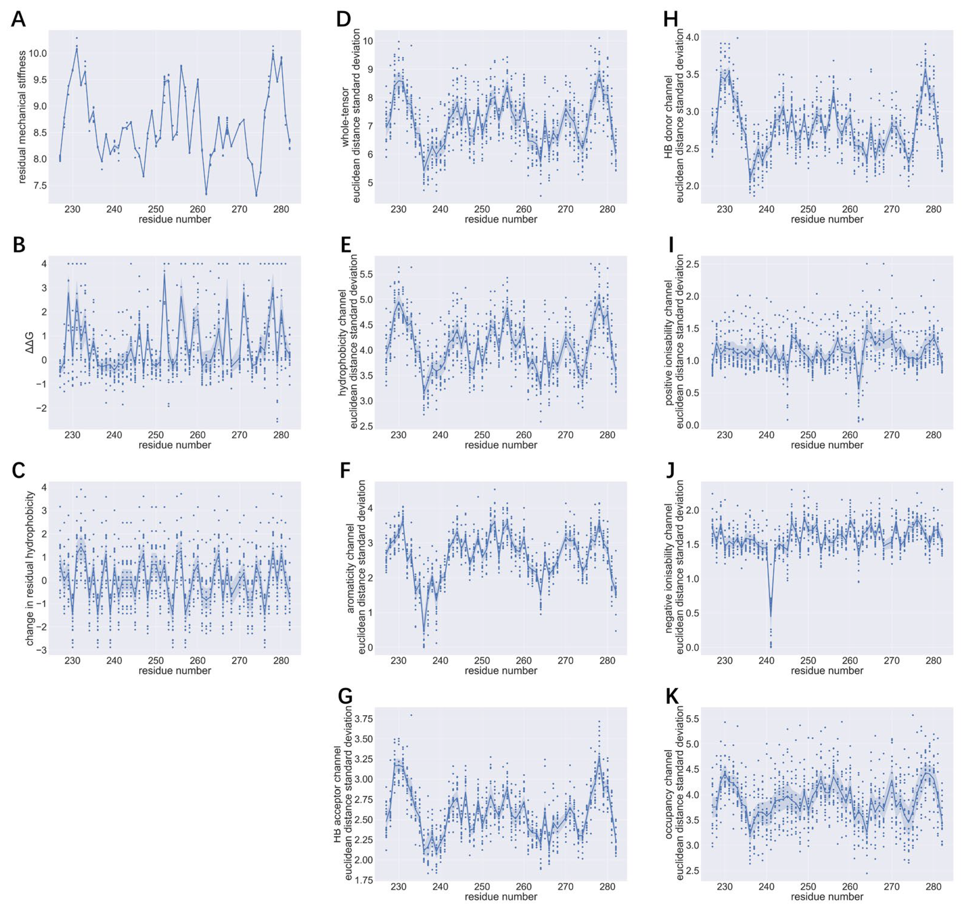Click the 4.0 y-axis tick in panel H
[x=691, y=37]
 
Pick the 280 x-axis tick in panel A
[x=281, y=209]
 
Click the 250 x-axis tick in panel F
[x=482, y=661]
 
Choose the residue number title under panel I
[x=827, y=445]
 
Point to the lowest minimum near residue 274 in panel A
[x=256, y=195]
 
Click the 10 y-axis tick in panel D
[x=368, y=41]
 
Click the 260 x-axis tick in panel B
[x=198, y=435]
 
